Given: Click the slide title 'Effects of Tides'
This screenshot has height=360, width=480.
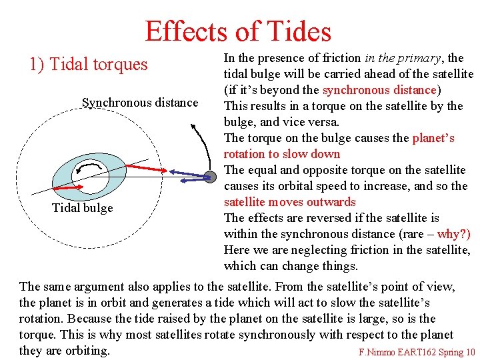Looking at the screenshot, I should pos(238,31).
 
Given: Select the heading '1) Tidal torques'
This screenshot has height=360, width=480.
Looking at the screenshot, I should pos(89,65).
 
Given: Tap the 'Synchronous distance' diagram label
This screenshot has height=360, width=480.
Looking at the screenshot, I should pos(140,103).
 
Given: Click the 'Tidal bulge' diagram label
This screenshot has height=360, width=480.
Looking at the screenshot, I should pos(83,208).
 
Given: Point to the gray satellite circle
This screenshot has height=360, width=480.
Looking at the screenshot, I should pos(210,177).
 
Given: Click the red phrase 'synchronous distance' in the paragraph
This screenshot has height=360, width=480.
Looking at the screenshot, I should pos(379,90).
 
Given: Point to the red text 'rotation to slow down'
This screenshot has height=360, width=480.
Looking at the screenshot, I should pos(282,154).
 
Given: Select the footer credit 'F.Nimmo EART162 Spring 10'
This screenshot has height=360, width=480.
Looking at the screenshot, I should pos(417,353).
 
